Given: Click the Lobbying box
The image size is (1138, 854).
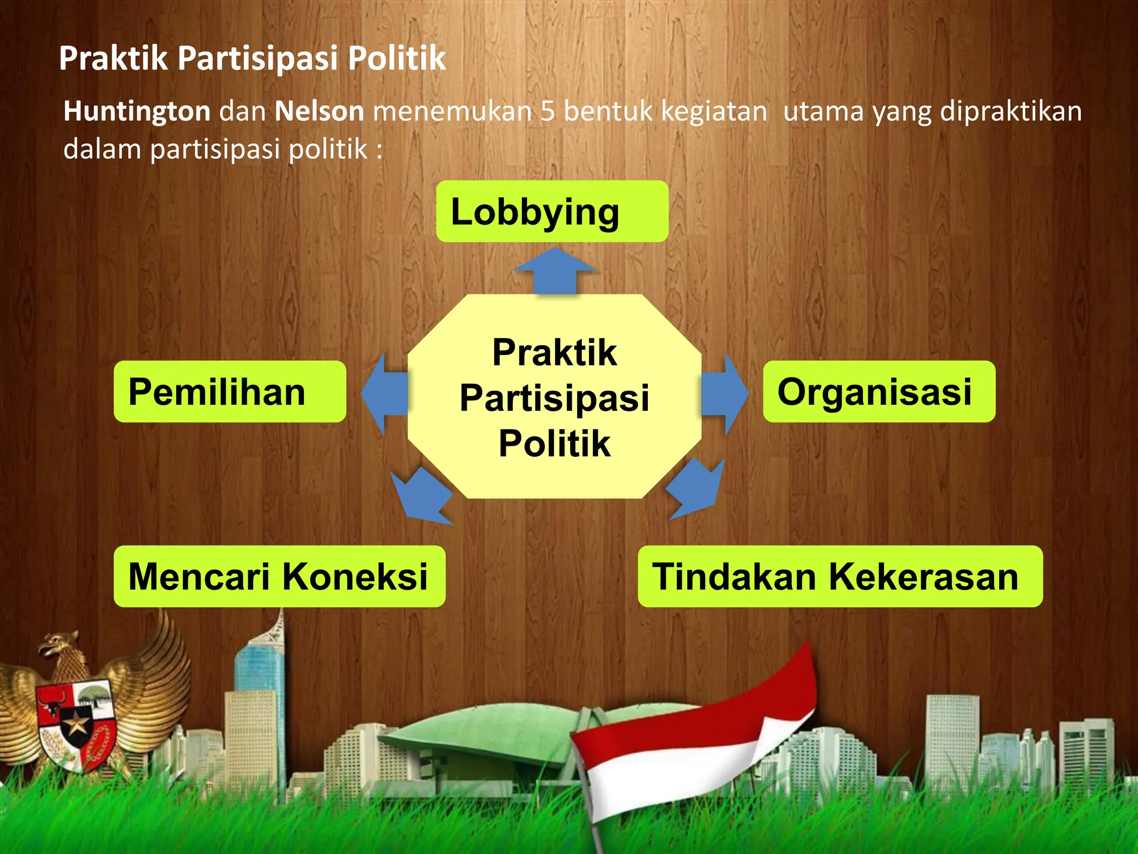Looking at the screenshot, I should pyautogui.click(x=552, y=212).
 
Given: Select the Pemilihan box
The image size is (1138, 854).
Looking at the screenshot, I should pyautogui.click(x=229, y=392).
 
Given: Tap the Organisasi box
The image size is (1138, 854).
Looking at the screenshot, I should pyautogui.click(x=879, y=392).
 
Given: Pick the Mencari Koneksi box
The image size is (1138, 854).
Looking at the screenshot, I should pyautogui.click(x=279, y=577).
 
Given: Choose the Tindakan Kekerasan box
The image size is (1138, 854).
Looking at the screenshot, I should pyautogui.click(x=840, y=577).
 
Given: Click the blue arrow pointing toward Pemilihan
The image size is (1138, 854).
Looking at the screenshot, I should pyautogui.click(x=385, y=394).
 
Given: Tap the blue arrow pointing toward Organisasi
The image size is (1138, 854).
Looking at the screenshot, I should pyautogui.click(x=723, y=394).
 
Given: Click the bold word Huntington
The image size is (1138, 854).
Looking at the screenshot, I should pyautogui.click(x=137, y=111).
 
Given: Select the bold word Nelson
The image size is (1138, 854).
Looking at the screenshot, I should pyautogui.click(x=319, y=111).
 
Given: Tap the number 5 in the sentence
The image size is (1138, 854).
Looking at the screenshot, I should pyautogui.click(x=547, y=111).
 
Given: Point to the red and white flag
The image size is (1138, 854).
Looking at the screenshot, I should pyautogui.click(x=695, y=745).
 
